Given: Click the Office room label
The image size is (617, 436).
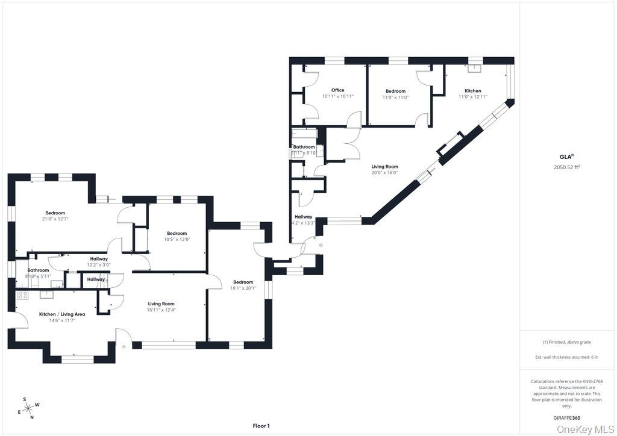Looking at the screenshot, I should coord(337,90).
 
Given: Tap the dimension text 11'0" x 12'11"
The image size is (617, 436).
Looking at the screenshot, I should coord(472,97).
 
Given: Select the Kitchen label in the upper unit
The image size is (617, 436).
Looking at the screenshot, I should coord(472,91).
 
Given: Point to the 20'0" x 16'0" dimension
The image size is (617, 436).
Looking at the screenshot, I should coord(384,173).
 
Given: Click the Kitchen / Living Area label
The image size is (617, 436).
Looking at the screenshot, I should coord(62,314).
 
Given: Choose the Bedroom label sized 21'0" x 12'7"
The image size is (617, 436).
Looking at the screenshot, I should coord(55,213).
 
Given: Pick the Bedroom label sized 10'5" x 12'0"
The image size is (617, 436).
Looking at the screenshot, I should coord(177,234).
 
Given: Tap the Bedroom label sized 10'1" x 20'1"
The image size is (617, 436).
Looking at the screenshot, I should coord(243,282).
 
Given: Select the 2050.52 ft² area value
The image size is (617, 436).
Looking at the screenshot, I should coord(566,167).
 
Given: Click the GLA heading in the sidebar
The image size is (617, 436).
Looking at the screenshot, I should coord(565,156).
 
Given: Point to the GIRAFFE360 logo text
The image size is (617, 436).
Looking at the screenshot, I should coord(566,418).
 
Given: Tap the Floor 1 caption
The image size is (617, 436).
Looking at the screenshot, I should coord(261,426).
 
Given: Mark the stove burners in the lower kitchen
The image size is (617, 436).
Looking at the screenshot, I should coord(23,295).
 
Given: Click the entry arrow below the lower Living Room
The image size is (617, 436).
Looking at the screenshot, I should coord(124,347).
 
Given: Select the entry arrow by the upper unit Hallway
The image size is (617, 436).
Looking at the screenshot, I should coord(321,245).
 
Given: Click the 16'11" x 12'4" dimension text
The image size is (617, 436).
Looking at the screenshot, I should coord(161,310).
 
